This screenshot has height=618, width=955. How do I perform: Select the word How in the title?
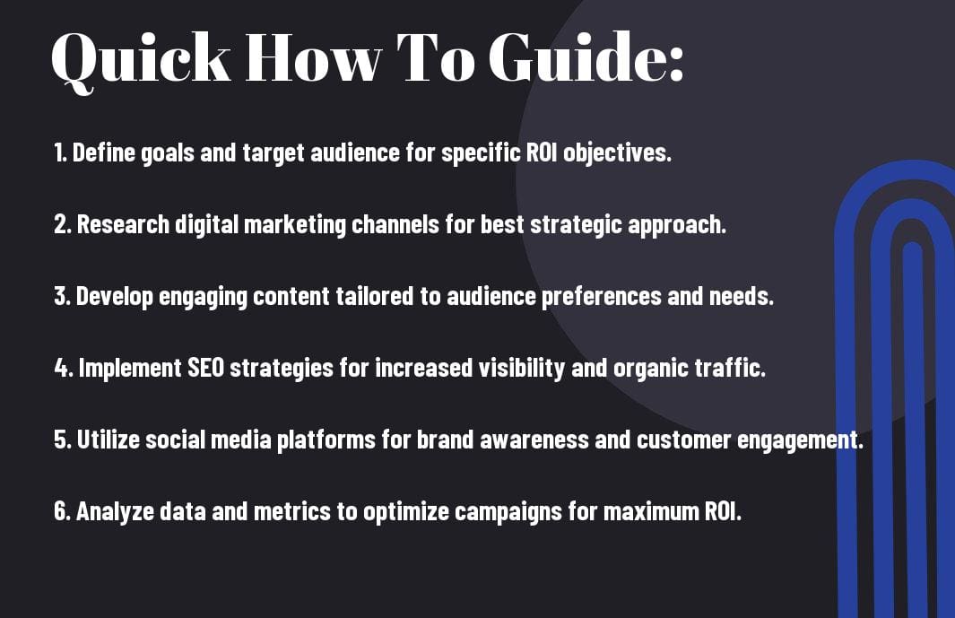point(313,57)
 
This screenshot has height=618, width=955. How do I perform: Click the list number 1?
point(59,152)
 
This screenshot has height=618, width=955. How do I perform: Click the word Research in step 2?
point(123,224)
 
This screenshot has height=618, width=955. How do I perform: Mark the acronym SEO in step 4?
point(206,368)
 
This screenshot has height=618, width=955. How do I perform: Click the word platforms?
point(326,440)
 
